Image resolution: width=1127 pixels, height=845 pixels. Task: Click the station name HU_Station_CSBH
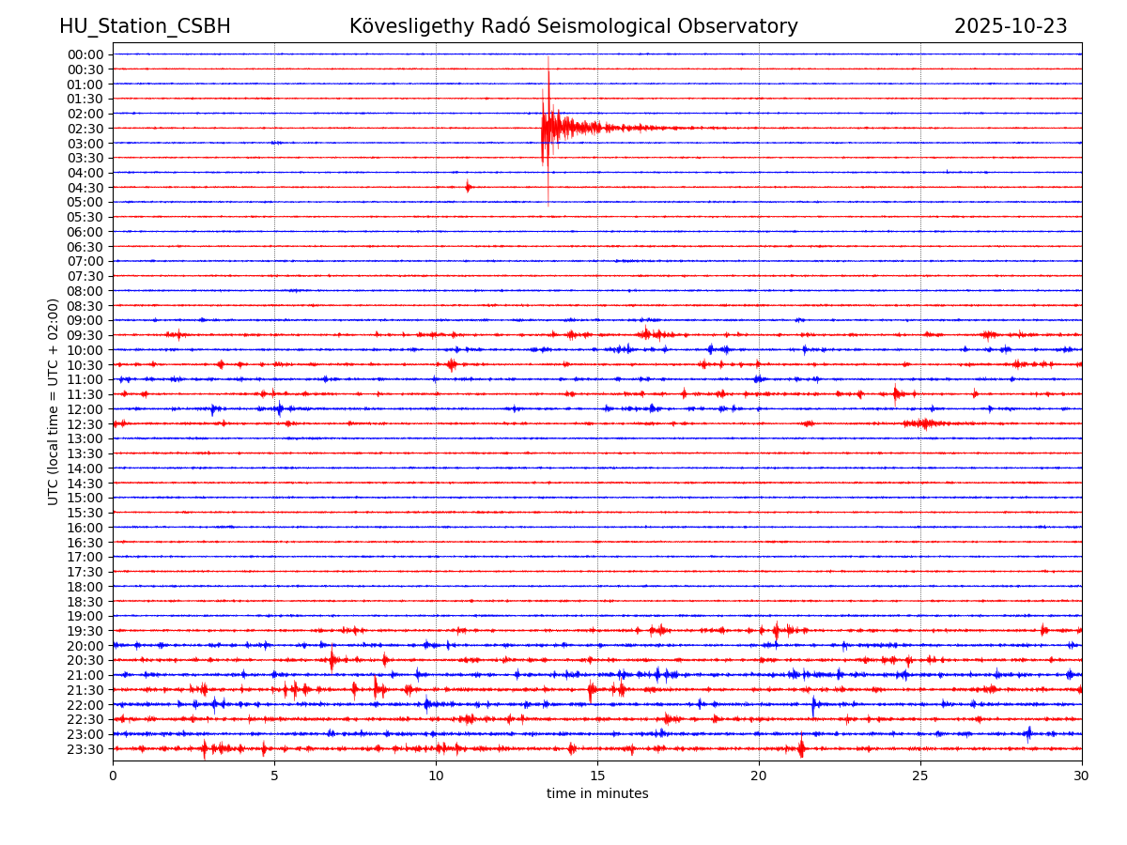[145, 26]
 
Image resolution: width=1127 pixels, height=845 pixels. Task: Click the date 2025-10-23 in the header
[1011, 26]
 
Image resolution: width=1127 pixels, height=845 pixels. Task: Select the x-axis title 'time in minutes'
[597, 793]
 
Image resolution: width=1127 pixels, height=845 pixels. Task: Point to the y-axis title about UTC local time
[54, 401]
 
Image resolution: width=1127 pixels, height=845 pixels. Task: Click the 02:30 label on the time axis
[85, 129]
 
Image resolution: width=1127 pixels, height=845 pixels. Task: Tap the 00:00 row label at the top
[85, 54]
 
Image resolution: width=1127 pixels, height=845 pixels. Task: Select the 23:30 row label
[85, 749]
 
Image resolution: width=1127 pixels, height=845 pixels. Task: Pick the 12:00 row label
[85, 409]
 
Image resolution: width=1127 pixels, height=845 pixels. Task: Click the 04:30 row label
[85, 188]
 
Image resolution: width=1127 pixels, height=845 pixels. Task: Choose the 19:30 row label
[85, 631]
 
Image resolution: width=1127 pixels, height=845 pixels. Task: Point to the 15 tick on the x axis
[597, 776]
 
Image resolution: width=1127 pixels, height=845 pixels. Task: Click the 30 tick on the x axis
[1082, 776]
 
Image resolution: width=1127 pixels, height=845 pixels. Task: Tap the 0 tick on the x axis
[113, 776]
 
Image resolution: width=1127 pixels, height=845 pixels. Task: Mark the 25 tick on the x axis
[920, 776]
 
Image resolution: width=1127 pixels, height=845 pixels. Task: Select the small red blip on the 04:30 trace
[468, 187]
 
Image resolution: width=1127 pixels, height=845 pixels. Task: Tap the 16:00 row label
[85, 528]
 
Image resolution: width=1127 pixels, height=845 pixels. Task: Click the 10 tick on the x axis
[436, 776]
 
